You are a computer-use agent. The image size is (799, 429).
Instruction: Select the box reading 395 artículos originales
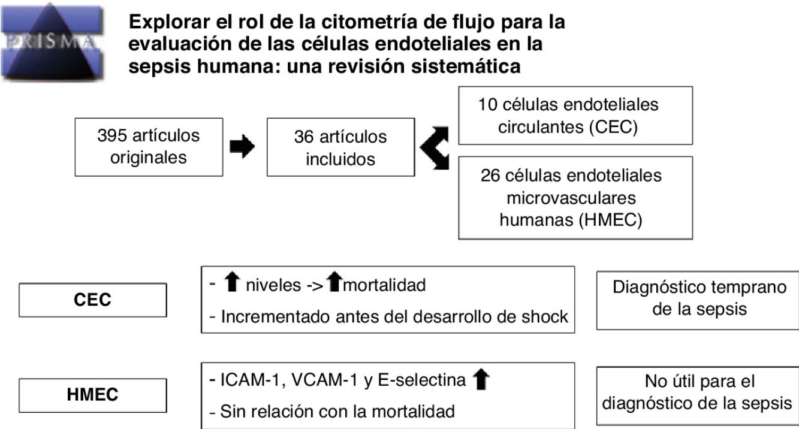149,147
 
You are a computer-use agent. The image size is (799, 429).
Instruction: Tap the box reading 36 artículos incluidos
340,147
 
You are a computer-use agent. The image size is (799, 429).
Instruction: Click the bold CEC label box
93,300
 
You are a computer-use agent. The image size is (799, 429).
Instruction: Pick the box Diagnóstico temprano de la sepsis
698,298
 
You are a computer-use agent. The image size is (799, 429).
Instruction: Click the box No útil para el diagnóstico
698,392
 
